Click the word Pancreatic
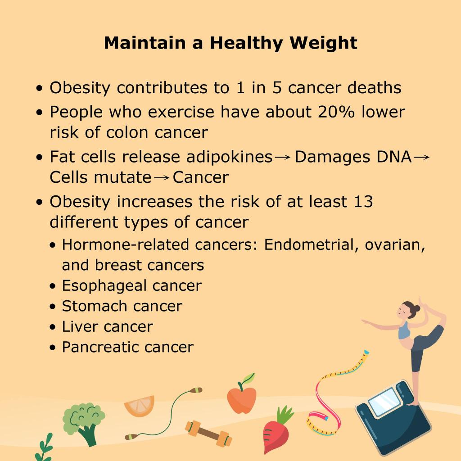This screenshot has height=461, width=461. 99,347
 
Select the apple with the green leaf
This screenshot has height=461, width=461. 242,396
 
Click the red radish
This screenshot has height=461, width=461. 276,432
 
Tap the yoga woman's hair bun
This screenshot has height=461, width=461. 416,309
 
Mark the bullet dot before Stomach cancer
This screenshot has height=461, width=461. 54,307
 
